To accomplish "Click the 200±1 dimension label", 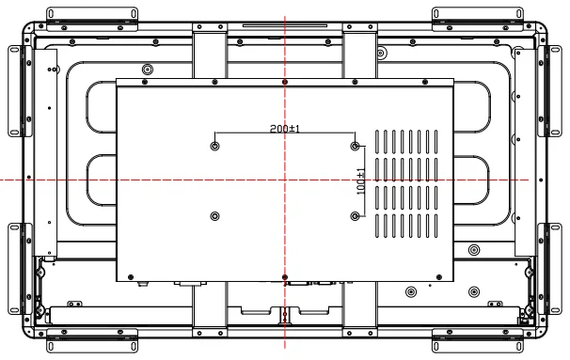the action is (x=285, y=129).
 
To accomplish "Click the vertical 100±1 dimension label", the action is (x=361, y=181).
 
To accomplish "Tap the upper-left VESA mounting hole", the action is (x=214, y=146).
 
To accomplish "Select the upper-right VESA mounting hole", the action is (x=356, y=146).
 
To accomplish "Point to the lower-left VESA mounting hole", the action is (x=214, y=216).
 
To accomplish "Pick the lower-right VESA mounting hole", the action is (x=356, y=216).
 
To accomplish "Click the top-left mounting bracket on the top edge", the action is (x=92, y=19).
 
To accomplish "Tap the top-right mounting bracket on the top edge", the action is (x=478, y=19).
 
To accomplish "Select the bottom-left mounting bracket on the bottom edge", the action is (x=92, y=341).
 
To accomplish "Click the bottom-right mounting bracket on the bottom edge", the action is (x=478, y=341).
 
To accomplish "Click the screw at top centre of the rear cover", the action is (x=285, y=82).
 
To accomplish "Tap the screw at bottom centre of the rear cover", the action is (x=285, y=277).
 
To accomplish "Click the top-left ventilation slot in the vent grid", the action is (x=377, y=142).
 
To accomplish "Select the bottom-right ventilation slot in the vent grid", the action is (x=435, y=226).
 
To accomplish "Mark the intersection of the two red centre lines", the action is (x=285, y=180).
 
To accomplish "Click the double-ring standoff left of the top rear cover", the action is (x=148, y=69).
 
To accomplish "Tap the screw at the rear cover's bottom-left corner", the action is (x=132, y=277).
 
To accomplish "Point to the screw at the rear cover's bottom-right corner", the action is (x=439, y=277).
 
